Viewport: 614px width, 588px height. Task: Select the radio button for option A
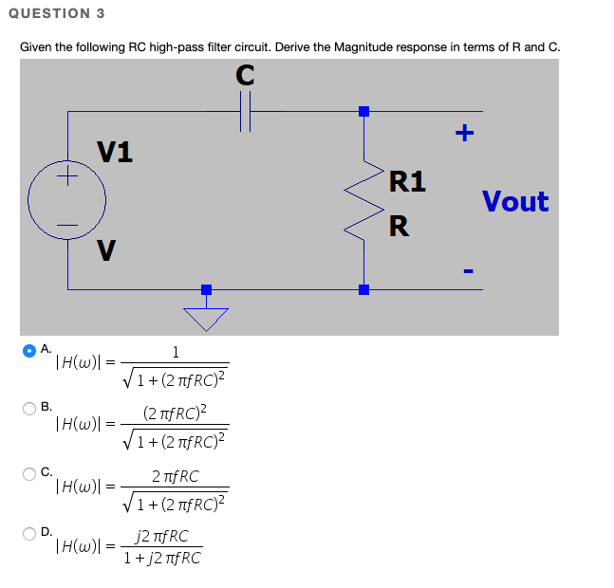30,350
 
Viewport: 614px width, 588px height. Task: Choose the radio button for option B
30,409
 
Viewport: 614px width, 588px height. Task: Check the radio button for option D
30,533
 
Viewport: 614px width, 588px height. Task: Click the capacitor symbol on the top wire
245,112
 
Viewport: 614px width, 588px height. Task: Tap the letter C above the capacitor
245,77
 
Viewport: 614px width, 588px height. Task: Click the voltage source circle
66,200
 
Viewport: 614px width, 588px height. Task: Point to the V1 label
115,151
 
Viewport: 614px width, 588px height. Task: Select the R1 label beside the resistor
407,181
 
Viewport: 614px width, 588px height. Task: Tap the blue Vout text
514,201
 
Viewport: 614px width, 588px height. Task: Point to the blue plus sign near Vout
464,133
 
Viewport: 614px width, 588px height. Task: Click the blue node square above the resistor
363,112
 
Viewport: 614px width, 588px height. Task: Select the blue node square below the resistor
363,289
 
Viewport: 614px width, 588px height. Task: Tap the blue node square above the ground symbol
206,289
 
